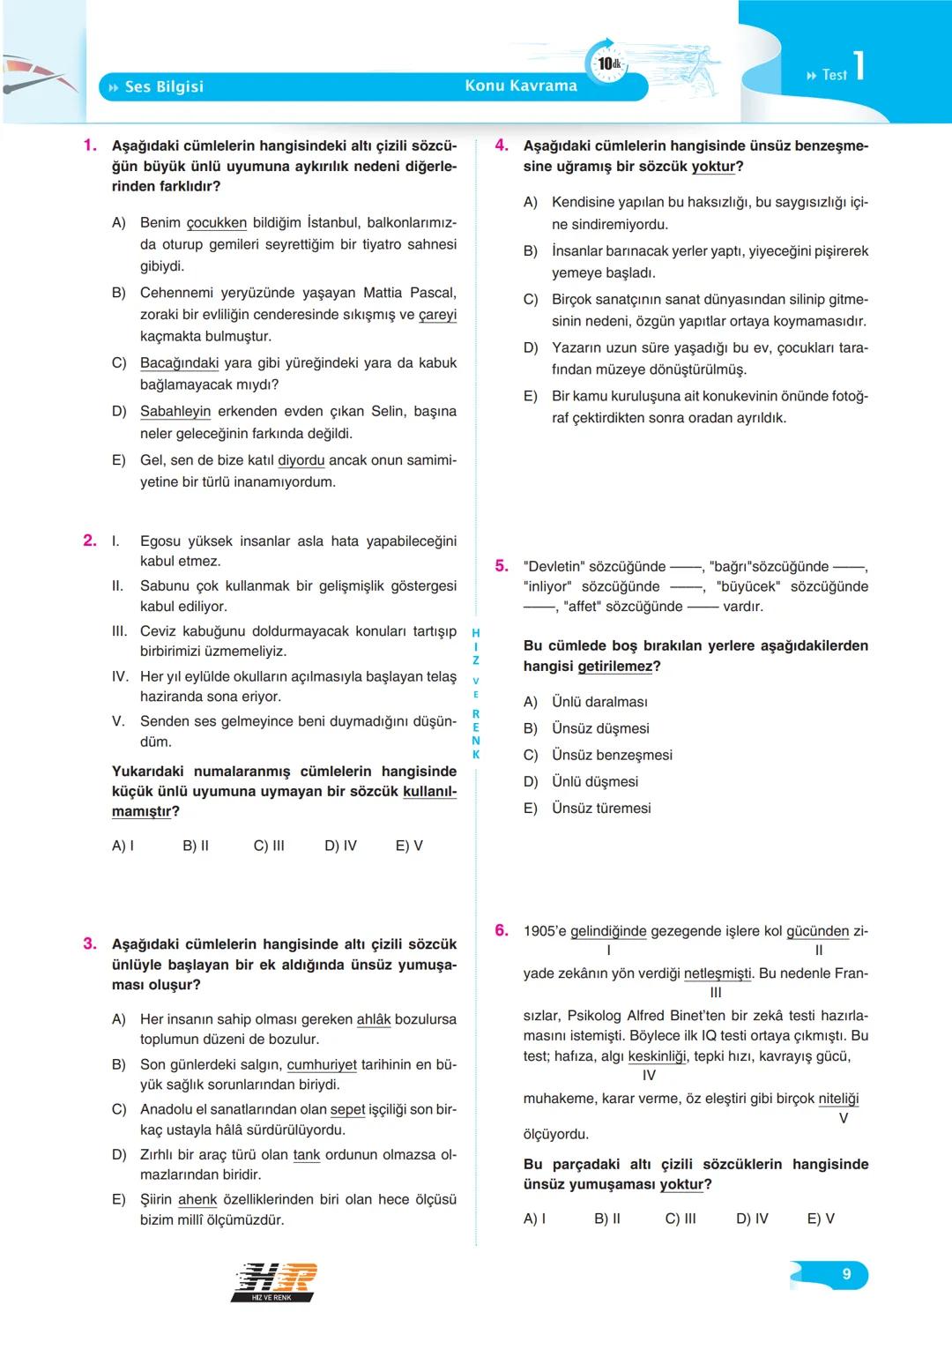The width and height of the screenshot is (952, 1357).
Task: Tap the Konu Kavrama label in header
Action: point(520,86)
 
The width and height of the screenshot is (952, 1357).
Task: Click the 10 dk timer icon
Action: point(607,63)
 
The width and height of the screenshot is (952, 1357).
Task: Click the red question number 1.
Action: point(90,145)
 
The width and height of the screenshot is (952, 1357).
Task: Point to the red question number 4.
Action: point(502,145)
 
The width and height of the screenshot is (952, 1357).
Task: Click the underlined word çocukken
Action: point(216,222)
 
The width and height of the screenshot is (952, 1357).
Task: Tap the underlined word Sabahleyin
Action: point(175,411)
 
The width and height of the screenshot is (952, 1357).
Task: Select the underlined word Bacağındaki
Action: point(179,362)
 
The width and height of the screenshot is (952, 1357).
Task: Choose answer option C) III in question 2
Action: point(269,846)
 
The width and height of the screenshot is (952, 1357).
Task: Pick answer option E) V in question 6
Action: point(821,1219)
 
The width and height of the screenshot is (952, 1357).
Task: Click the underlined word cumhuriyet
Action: point(322,1064)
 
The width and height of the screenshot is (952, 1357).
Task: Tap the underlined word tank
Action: point(307,1154)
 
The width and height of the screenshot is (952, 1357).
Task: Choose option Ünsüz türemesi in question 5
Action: point(601,808)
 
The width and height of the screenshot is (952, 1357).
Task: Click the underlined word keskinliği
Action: point(657,1056)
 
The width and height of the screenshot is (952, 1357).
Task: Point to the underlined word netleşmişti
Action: point(718,973)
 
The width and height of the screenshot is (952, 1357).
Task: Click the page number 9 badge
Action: point(846,1274)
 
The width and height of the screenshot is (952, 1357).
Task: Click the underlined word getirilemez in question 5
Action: point(615,666)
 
